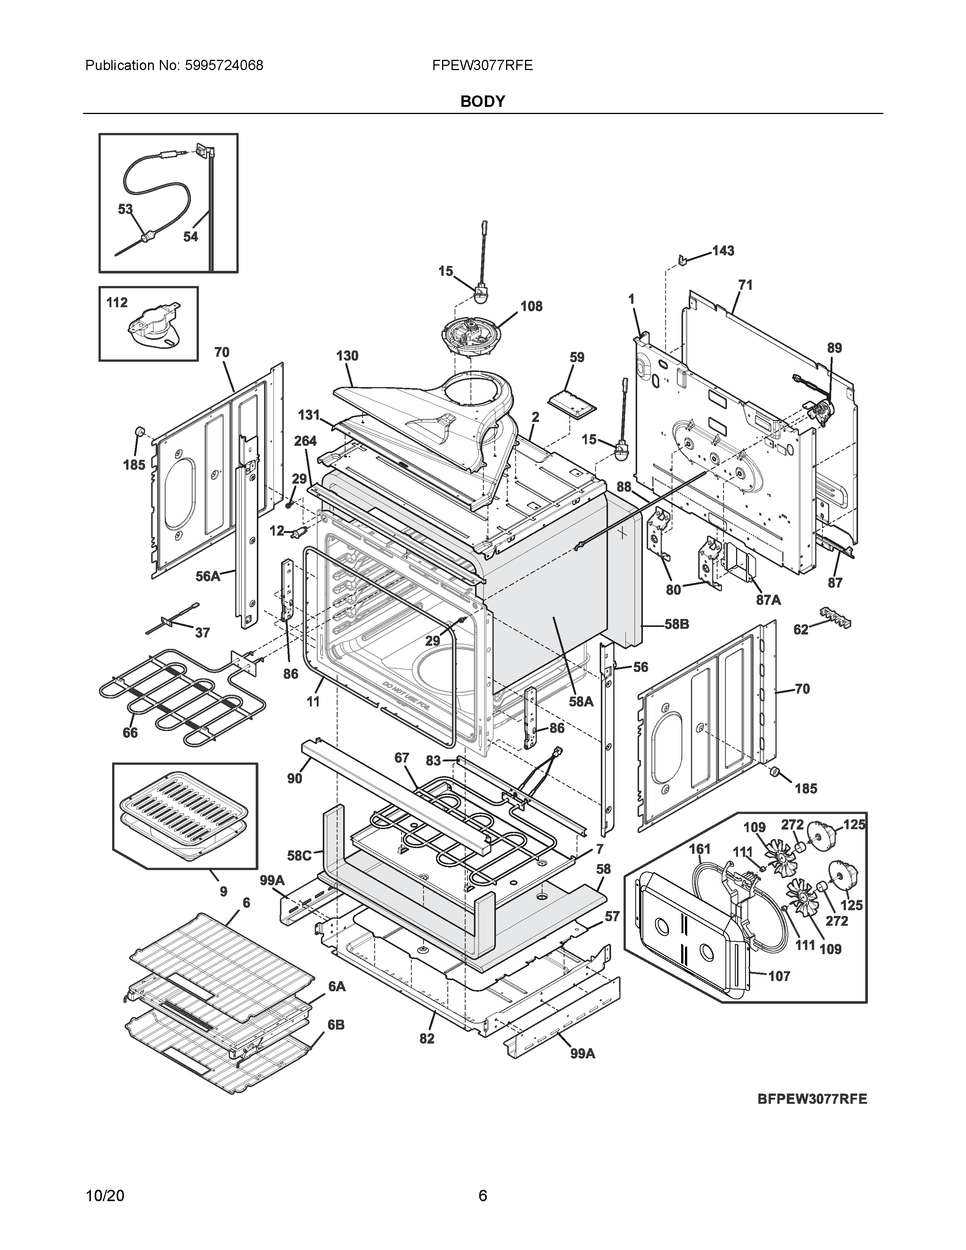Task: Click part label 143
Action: click(723, 251)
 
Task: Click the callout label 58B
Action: click(677, 624)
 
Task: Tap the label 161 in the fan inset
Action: click(699, 849)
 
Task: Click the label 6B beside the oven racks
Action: click(336, 1025)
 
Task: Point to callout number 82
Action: click(427, 1038)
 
